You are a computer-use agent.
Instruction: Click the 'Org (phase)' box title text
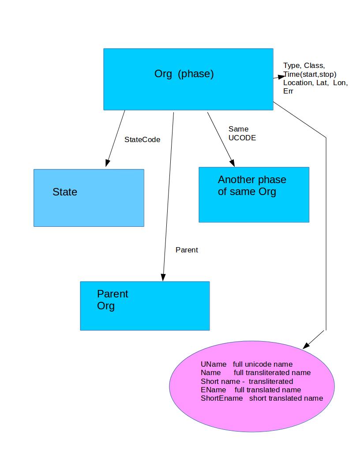pos(184,74)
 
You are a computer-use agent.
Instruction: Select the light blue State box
pos(89,198)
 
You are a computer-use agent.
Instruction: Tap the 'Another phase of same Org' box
pos(254,195)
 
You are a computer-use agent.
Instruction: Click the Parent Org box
pos(145,306)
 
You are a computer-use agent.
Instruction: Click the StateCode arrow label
pos(142,139)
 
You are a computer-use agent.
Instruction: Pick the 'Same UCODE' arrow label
pos(242,133)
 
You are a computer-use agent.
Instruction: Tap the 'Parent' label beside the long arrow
pos(187,250)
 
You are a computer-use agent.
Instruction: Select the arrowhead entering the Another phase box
pos(231,162)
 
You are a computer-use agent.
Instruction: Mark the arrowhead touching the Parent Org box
pos(163,277)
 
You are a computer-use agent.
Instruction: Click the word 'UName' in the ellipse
pos(214,365)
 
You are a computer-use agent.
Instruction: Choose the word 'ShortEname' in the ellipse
pos(221,398)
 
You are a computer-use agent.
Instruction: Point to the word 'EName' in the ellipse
pos(213,390)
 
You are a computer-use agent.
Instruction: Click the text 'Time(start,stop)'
pos(310,74)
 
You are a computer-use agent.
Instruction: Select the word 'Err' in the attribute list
pos(288,91)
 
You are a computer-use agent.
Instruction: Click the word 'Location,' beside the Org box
pos(298,83)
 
